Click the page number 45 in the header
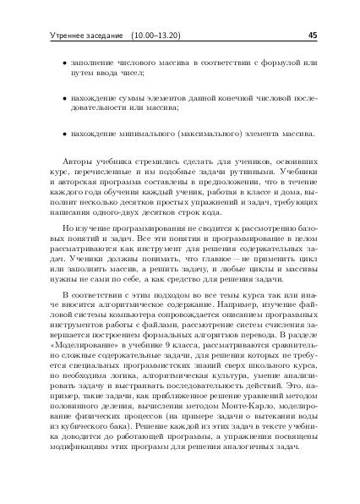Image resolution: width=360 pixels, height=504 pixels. click(312, 36)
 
